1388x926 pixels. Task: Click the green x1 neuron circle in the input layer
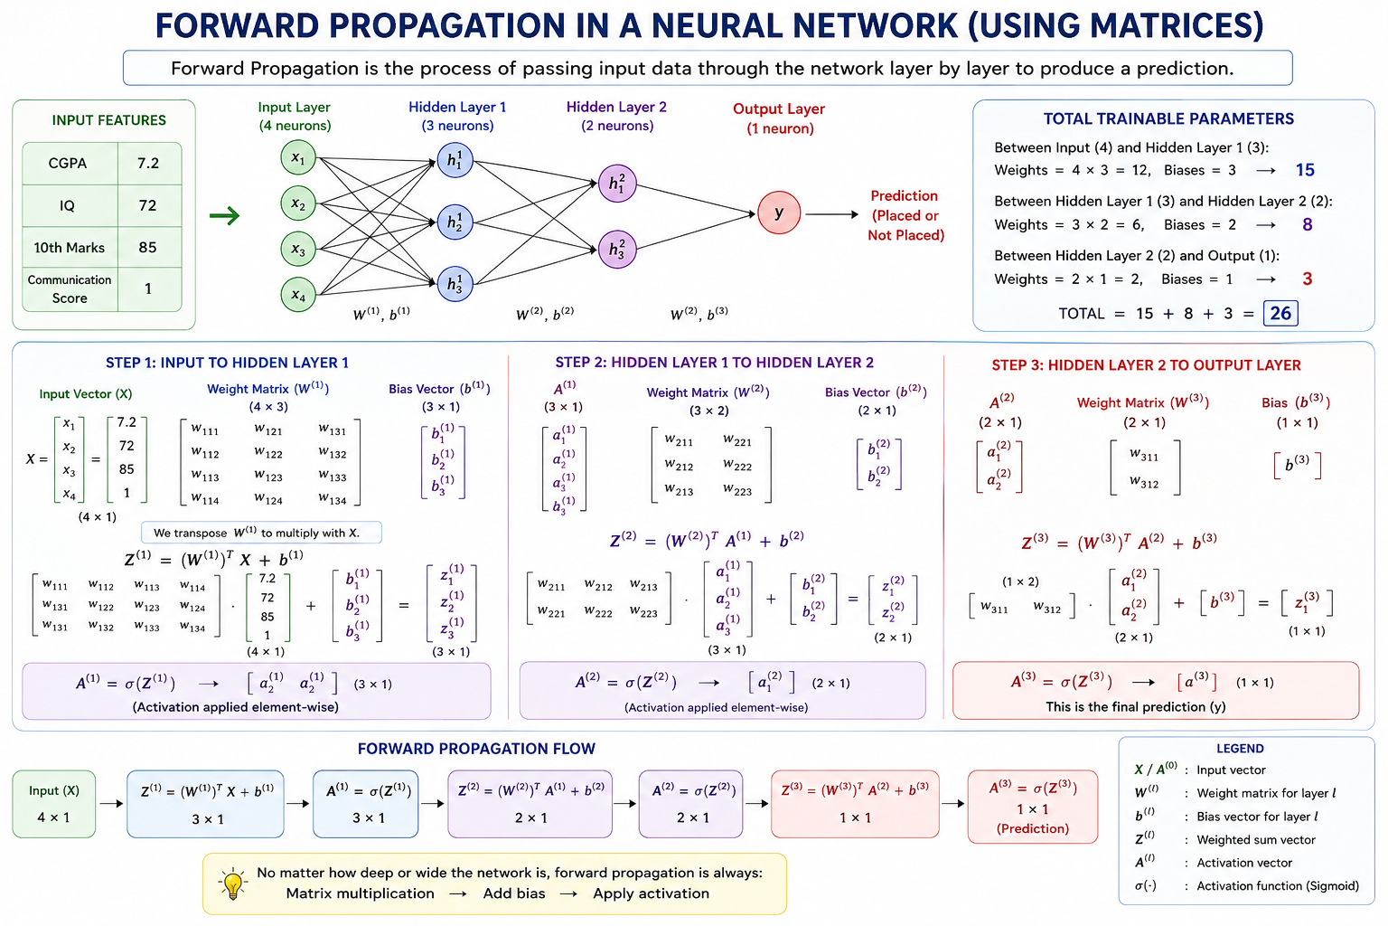(x=298, y=157)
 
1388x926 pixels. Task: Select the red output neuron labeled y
(x=779, y=213)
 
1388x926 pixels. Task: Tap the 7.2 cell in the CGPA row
(x=149, y=163)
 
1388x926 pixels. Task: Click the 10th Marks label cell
(x=70, y=248)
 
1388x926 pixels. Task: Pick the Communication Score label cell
(x=70, y=289)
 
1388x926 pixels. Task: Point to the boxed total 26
(x=1280, y=313)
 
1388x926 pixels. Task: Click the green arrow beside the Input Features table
(x=224, y=216)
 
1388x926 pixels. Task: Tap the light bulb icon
(x=232, y=884)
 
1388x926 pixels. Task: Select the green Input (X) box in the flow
(x=54, y=804)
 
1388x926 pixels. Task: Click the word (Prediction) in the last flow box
(x=1032, y=828)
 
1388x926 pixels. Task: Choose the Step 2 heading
(x=715, y=363)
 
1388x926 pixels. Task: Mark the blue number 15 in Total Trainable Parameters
(x=1305, y=170)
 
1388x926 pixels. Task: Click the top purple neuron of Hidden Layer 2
(x=617, y=184)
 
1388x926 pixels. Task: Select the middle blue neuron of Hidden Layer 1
(x=455, y=222)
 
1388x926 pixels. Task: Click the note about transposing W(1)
(x=261, y=533)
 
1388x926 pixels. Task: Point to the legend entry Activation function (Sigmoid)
(x=1277, y=885)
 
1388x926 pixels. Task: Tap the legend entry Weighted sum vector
(x=1255, y=840)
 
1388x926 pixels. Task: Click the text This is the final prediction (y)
(x=1135, y=707)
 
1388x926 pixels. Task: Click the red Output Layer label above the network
(x=779, y=109)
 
